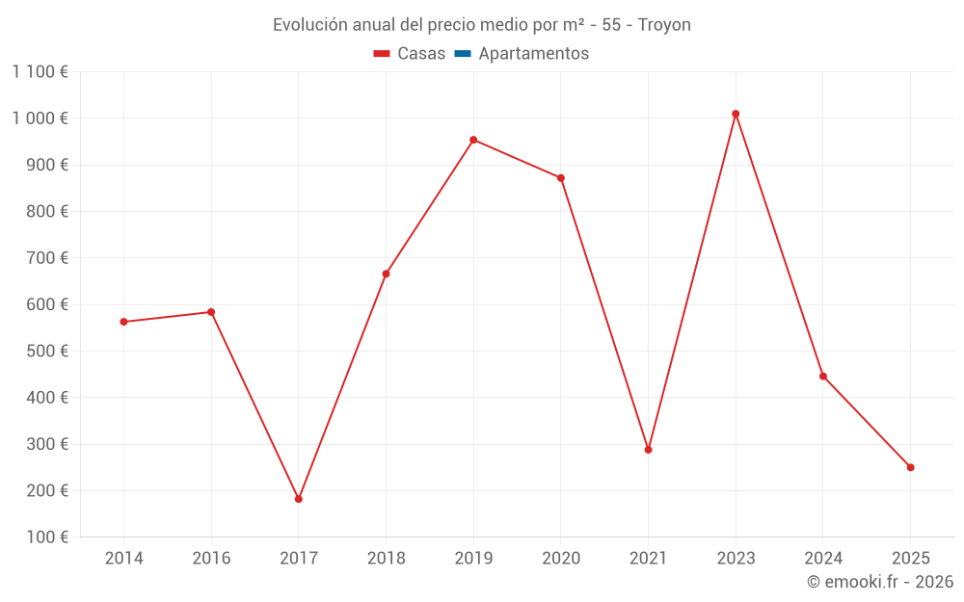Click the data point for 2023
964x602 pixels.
pyautogui.click(x=736, y=114)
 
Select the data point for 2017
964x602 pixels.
pyautogui.click(x=299, y=499)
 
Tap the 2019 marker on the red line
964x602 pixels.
pyautogui.click(x=473, y=140)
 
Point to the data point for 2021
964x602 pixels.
pyautogui.click(x=648, y=450)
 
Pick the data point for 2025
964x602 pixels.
pyautogui.click(x=910, y=467)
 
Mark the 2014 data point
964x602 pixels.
pyautogui.click(x=124, y=322)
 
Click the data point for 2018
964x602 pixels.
pyautogui.click(x=386, y=274)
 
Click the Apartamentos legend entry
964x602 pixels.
pyautogui.click(x=533, y=54)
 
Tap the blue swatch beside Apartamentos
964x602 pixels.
pyautogui.click(x=462, y=54)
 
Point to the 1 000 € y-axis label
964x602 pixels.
pyautogui.click(x=40, y=118)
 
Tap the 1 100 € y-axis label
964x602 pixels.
pyautogui.click(x=40, y=71)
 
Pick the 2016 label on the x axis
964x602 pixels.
pyautogui.click(x=211, y=558)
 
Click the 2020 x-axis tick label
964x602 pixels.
pyautogui.click(x=561, y=558)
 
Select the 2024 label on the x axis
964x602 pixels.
pyautogui.click(x=822, y=558)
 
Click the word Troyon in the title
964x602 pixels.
pyautogui.click(x=664, y=25)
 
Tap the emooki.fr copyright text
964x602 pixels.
pyautogui.click(x=879, y=582)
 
